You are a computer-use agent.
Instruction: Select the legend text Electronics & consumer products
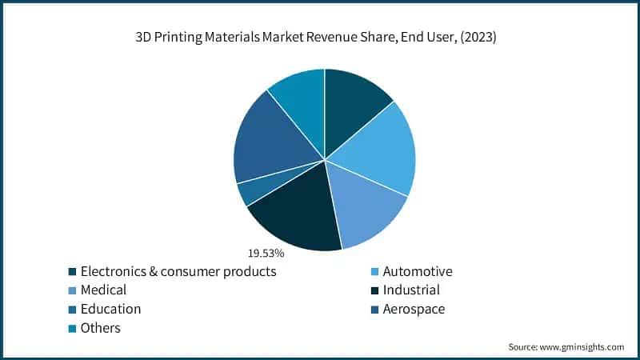(x=178, y=271)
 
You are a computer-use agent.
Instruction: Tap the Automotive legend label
(x=418, y=271)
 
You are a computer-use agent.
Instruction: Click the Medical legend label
(x=103, y=290)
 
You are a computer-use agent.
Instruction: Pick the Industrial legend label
(x=411, y=290)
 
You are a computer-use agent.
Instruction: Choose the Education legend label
(x=110, y=309)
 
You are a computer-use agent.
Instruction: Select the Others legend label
(x=101, y=327)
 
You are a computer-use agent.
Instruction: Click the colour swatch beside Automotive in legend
(x=373, y=272)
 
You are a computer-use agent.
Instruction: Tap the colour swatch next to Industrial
(x=373, y=290)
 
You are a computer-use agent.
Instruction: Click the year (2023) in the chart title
(x=478, y=38)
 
